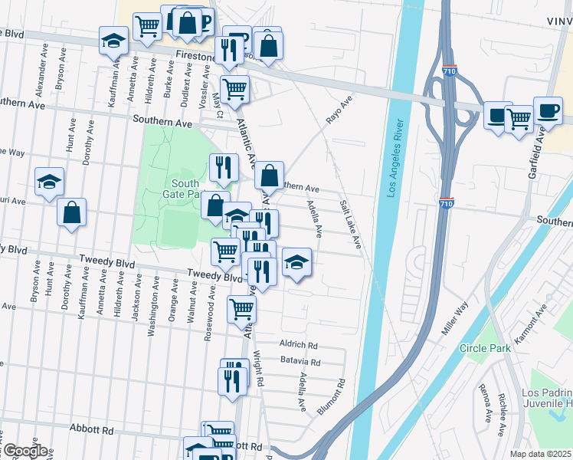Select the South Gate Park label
coord(185,189)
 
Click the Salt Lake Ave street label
coord(350,224)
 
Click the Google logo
coord(25,450)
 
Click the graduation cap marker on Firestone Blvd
coord(113,40)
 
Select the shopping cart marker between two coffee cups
coord(519,118)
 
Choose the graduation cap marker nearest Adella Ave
coord(296,262)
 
